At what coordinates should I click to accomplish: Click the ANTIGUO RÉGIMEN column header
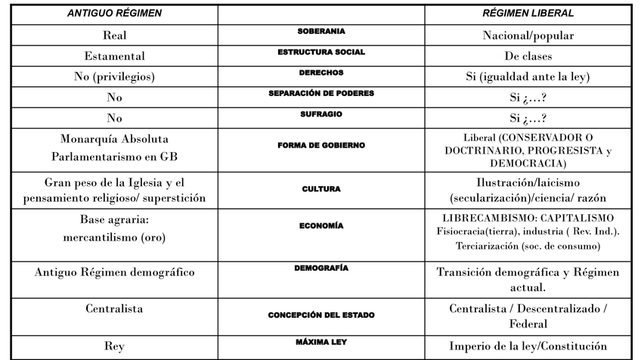[114, 14]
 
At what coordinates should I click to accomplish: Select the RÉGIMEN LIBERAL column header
[528, 14]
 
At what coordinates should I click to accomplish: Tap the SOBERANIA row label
[321, 32]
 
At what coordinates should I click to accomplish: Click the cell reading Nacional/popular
[528, 36]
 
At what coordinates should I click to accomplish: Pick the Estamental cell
[114, 56]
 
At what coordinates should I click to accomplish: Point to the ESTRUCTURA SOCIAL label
[321, 52]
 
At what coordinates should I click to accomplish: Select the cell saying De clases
[528, 56]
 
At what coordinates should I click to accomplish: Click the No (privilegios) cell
[114, 76]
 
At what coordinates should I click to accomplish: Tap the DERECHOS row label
[321, 73]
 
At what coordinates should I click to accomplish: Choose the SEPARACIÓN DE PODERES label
[321, 93]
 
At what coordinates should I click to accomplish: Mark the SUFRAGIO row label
[321, 113]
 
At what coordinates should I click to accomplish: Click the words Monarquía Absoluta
[114, 140]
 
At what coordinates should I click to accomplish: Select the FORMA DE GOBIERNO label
[321, 145]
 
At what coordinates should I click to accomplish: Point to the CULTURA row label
[321, 189]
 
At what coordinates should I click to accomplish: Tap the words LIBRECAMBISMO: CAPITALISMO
[528, 218]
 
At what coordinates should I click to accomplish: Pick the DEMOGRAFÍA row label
[321, 268]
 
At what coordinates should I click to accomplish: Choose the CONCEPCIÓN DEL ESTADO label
[321, 315]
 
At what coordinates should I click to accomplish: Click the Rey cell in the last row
[114, 346]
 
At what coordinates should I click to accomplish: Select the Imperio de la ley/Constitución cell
[528, 346]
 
